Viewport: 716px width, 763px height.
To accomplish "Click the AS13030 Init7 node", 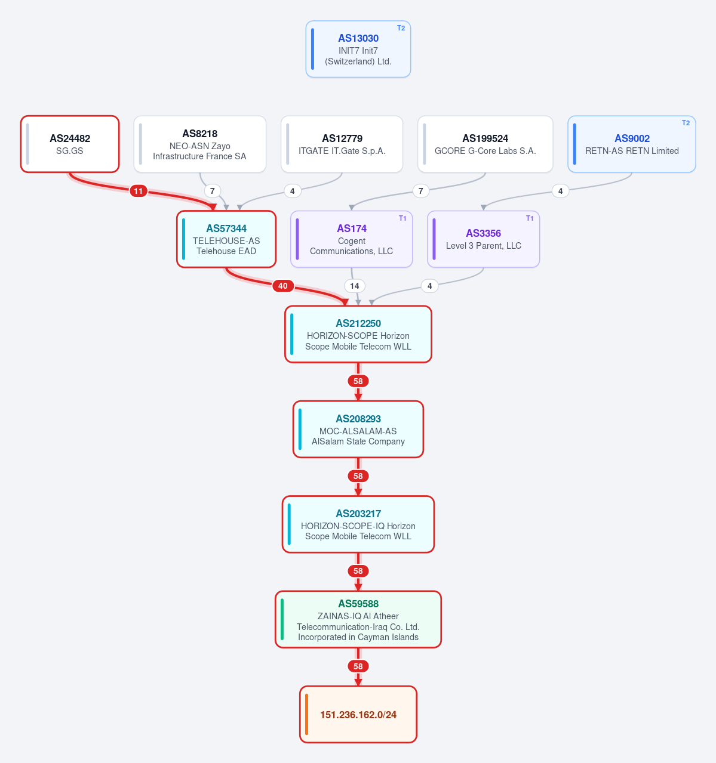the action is coord(358,49).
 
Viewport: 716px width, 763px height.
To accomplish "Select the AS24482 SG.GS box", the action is coord(70,144).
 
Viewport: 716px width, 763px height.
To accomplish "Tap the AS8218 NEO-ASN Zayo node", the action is coord(199,144).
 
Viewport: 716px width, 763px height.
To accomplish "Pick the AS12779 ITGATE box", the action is coord(342,144).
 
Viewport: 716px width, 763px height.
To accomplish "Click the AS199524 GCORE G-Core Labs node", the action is coord(485,144).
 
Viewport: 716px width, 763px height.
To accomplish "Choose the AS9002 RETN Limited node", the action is coord(631,144).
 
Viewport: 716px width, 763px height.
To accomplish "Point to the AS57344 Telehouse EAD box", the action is coord(226,239).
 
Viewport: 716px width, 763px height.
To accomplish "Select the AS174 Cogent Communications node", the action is coord(351,239).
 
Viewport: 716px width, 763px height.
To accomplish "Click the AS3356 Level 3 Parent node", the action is coord(483,239).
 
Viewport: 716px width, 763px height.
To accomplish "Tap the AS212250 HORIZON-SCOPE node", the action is coord(358,334).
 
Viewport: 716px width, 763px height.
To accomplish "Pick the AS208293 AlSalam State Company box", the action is coord(358,429).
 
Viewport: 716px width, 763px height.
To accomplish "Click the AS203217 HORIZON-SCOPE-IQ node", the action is coord(358,524).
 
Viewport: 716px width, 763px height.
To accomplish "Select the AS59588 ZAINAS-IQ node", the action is coord(358,619).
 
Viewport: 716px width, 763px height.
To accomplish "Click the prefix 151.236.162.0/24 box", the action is coord(358,715).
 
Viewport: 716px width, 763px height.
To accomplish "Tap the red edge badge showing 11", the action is coord(139,191).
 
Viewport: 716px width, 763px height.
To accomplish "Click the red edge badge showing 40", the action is coord(283,286).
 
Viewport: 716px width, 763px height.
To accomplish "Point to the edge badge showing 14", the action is coord(354,286).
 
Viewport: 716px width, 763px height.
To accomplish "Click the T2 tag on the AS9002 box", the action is coord(686,123).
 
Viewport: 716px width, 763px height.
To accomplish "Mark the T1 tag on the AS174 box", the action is coord(402,218).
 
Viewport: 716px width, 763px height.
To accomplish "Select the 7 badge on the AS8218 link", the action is coord(213,191).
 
